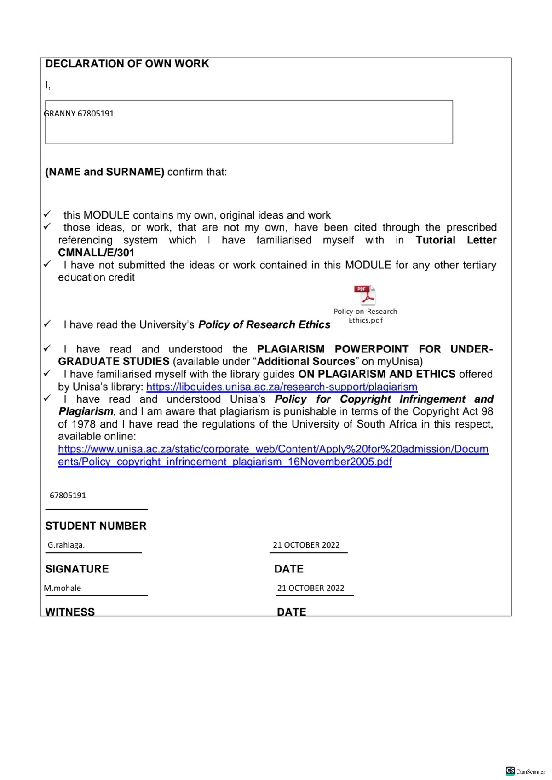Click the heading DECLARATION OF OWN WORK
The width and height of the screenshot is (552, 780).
pos(127,64)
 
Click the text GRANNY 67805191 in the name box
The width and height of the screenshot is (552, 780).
pos(79,114)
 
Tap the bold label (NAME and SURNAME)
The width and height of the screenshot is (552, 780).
pos(104,172)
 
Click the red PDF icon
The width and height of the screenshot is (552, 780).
pos(365,295)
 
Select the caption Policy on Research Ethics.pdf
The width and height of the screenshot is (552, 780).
pos(365,316)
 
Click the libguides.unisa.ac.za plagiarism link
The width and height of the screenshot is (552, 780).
pos(282,387)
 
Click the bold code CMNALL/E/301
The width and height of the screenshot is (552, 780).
pos(96,253)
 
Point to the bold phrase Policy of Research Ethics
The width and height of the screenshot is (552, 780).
pos(264,325)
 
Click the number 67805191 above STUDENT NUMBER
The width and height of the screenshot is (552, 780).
pos(68,496)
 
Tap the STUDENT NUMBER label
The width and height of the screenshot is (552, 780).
pos(96,526)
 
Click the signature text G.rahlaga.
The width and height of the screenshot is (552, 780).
pos(66,545)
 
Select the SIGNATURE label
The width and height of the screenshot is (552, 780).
pos(77,569)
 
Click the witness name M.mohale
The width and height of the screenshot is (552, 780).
pos(63,588)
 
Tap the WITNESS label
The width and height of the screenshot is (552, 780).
pos(70,612)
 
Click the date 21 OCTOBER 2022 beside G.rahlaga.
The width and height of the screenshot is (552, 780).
pos(306,545)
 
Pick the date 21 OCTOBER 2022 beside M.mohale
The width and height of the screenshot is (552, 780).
pos(310,588)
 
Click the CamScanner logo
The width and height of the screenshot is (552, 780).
pos(525,771)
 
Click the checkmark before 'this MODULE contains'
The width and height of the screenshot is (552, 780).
pos(47,214)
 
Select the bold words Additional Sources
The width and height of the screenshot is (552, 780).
pos(306,362)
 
